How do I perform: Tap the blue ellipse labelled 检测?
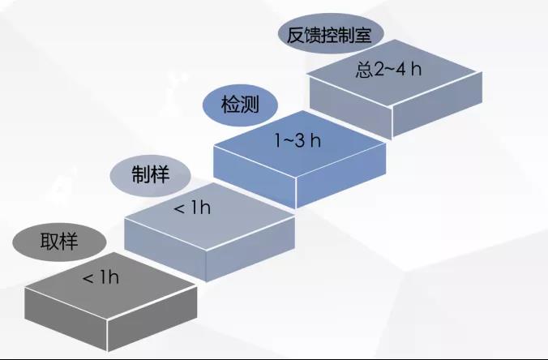[x=239, y=105]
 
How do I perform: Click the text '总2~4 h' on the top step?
[x=389, y=68]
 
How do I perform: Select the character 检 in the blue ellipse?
[x=229, y=105]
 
